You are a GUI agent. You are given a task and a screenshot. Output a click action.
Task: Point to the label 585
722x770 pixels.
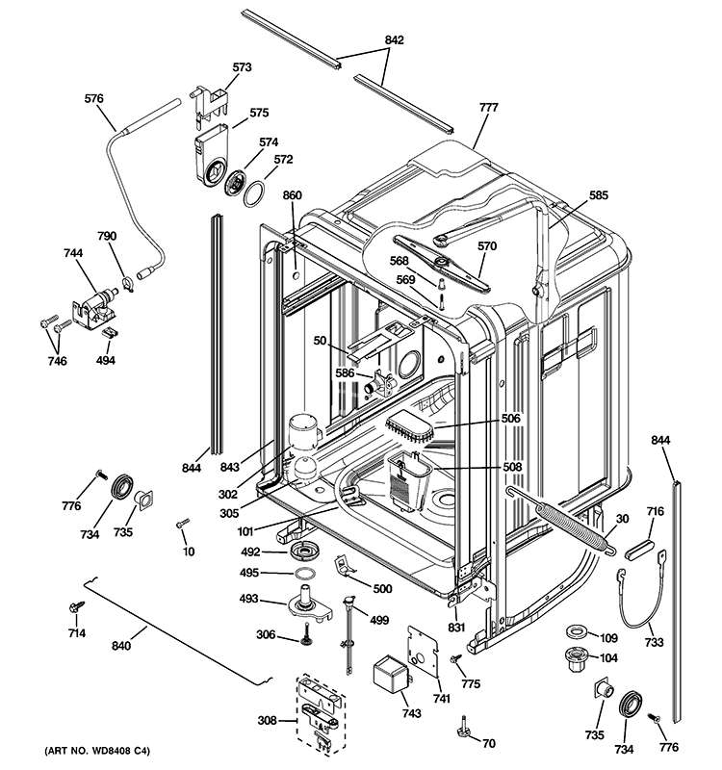[598, 195]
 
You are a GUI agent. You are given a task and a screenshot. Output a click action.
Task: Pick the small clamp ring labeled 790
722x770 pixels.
[125, 282]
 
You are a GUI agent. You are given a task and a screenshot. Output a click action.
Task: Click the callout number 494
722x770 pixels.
[106, 361]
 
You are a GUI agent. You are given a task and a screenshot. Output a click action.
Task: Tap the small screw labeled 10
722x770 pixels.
[180, 524]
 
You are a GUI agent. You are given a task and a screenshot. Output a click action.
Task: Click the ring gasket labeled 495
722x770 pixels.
[304, 576]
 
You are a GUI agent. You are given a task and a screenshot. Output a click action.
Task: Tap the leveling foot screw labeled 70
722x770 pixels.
[465, 729]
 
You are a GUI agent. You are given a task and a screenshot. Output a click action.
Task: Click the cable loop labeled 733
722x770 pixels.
[635, 602]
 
